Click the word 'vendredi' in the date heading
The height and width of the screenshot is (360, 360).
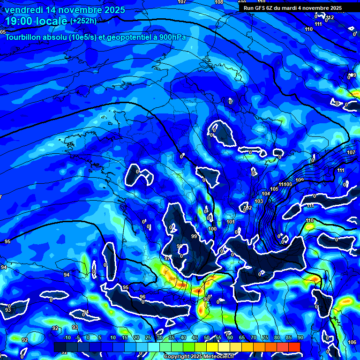tap(23, 10)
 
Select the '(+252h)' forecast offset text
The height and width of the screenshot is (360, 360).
tap(83, 21)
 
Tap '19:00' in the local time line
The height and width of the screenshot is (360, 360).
tap(17, 21)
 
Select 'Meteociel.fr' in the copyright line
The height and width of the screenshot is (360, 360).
tap(223, 357)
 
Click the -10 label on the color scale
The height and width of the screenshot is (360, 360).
tap(66, 337)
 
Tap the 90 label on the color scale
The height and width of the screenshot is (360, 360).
tap(300, 337)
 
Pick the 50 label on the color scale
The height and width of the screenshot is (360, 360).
tap(206, 337)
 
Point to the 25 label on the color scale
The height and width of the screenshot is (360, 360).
tap(148, 337)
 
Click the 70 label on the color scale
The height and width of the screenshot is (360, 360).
tap(253, 337)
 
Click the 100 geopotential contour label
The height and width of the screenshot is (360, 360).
tap(212, 229)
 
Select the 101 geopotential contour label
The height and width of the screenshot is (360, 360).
tap(230, 222)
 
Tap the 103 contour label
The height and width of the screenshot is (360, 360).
tap(259, 201)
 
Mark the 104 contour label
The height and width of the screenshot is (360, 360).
tap(266, 194)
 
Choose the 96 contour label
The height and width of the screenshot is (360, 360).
tap(142, 297)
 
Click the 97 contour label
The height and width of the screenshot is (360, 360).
tap(167, 258)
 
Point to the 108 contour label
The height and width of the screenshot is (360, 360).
tap(219, 2)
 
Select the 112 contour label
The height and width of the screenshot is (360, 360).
tap(330, 17)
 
